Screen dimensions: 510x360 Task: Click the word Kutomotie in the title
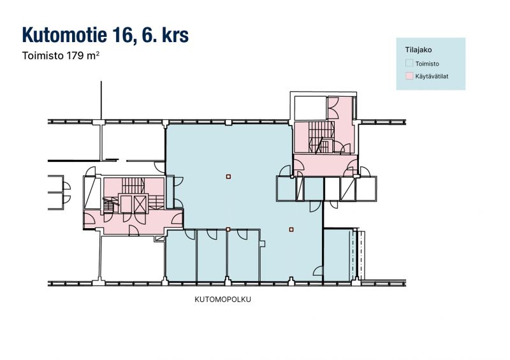[x=65, y=35]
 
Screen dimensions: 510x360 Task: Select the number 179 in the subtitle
[x=75, y=55]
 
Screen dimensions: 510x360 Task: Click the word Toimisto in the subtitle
[x=43, y=55]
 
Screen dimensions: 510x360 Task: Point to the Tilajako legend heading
[x=418, y=50]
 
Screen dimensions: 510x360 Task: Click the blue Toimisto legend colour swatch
[x=409, y=63]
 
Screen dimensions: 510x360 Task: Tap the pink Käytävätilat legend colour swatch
[x=409, y=76]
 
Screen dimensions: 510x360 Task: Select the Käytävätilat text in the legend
[x=432, y=76]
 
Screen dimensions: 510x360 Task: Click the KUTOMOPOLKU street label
[x=222, y=299]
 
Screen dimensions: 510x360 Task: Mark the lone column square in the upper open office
[x=228, y=176]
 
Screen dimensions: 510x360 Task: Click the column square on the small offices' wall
[x=228, y=229]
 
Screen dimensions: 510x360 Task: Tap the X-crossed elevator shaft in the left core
[x=140, y=204]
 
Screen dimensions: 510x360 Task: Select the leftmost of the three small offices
[x=182, y=256]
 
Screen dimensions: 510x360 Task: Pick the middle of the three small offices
[x=212, y=256]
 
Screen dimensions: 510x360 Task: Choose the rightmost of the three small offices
[x=244, y=256]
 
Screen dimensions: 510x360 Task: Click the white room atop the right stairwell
[x=310, y=108]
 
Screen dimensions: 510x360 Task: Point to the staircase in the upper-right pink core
[x=321, y=137]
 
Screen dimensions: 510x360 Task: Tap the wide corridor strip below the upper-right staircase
[x=325, y=165]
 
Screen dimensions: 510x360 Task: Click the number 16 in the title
[x=122, y=35]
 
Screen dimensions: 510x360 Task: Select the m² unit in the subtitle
[x=93, y=55]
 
